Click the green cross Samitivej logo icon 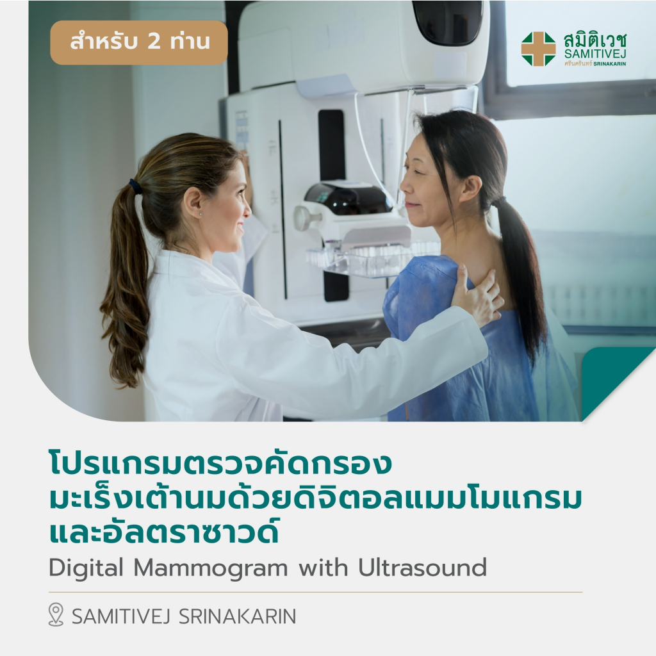coord(538,49)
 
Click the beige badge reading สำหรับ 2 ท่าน coord(139,43)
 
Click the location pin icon coord(56,615)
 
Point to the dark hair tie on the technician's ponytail coord(135,186)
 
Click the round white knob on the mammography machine coord(302,218)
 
